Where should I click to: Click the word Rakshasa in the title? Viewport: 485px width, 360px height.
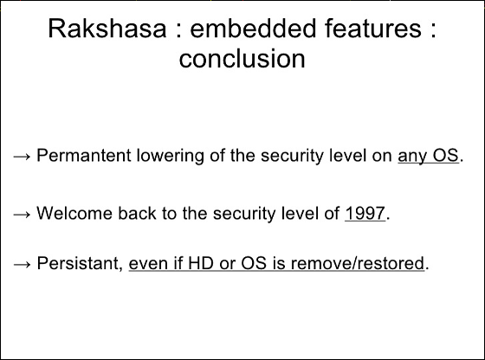pos(107,29)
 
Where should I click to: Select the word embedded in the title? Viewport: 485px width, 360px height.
pos(252,29)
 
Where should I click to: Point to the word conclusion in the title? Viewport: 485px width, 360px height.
pos(242,58)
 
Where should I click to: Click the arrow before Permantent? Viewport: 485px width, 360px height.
pos(22,157)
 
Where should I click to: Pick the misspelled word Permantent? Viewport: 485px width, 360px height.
pos(84,155)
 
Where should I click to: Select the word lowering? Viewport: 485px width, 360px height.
pos(170,156)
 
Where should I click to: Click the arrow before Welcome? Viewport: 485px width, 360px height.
pos(22,215)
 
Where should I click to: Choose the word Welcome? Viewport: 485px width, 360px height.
pos(74,213)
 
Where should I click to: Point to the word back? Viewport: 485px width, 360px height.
pos(137,213)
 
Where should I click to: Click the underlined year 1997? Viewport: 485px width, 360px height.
pos(365,213)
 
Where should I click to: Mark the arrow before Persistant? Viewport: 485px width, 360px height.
pos(22,264)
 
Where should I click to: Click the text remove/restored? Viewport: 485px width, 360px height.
pos(358,263)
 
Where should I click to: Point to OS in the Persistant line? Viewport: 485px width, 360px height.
pos(254,263)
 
